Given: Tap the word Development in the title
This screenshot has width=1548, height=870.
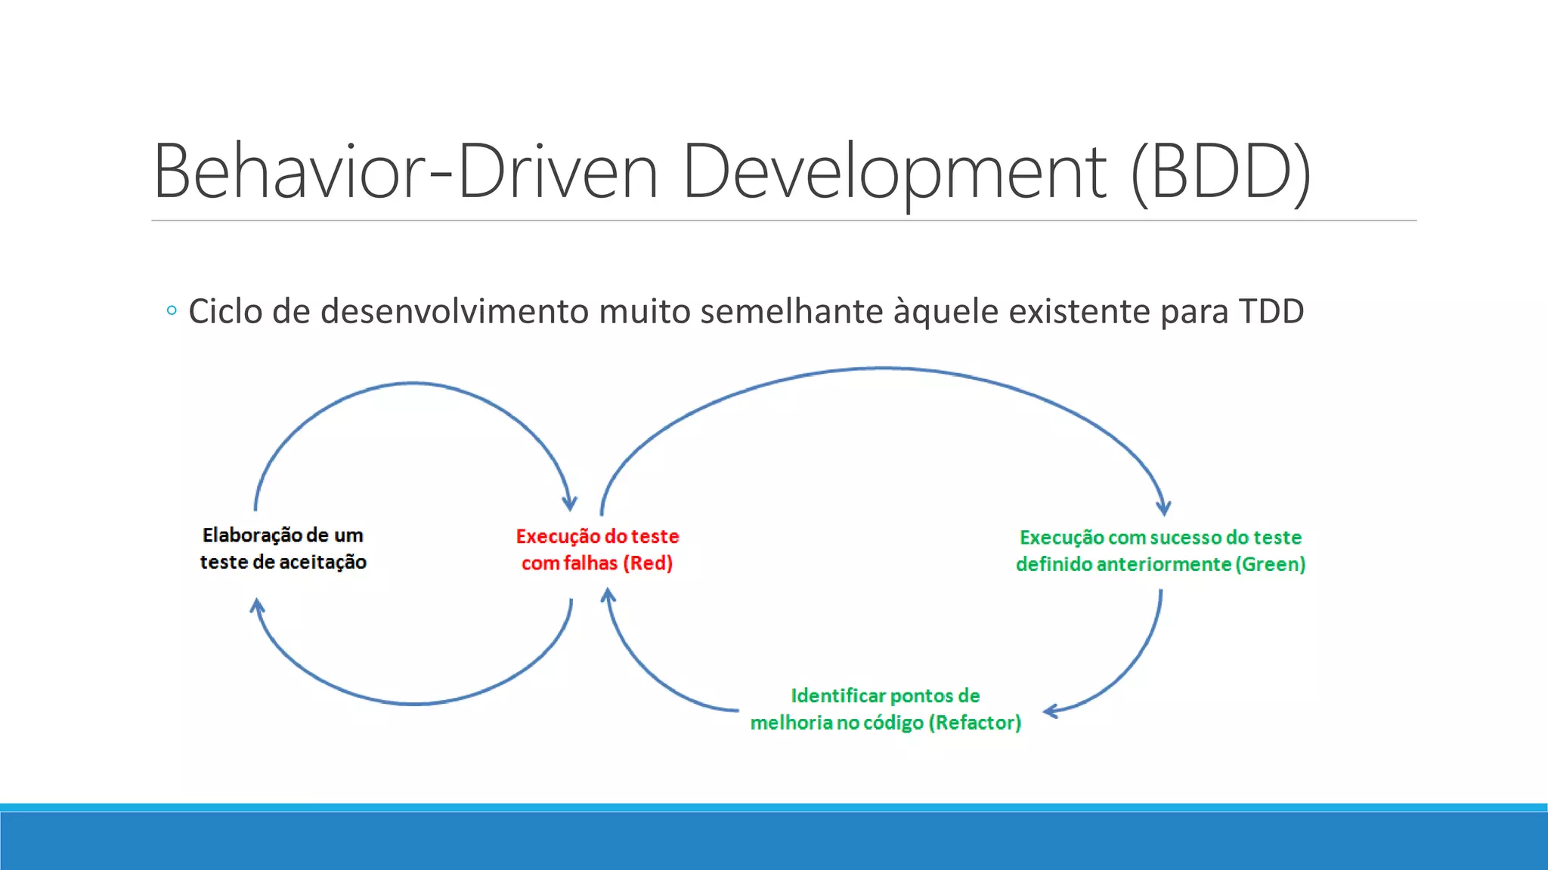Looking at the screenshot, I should point(893,172).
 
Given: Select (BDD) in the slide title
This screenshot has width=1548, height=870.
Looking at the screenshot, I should point(1221,172).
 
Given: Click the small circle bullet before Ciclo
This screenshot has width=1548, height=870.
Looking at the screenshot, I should point(172,310).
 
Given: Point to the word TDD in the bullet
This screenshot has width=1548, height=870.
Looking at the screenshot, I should point(1271,311).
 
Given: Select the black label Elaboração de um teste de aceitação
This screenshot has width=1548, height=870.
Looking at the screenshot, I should point(283,548).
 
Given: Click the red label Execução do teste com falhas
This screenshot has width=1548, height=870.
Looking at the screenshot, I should point(597,549).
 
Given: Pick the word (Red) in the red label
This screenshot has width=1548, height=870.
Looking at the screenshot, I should point(648,563).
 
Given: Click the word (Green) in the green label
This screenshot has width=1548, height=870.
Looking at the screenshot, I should point(1271,564).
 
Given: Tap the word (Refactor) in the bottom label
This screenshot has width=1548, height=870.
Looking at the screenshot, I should point(975,723).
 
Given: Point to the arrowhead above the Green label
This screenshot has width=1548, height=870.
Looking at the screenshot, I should point(1163,507).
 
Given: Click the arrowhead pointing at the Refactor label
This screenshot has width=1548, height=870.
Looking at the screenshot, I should point(1051,711).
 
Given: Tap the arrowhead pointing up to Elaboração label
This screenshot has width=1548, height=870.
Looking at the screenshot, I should point(257,606).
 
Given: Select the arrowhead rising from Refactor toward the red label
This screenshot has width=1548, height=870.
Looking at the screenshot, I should point(608,597).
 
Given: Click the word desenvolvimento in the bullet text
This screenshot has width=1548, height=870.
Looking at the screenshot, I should point(454,311).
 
